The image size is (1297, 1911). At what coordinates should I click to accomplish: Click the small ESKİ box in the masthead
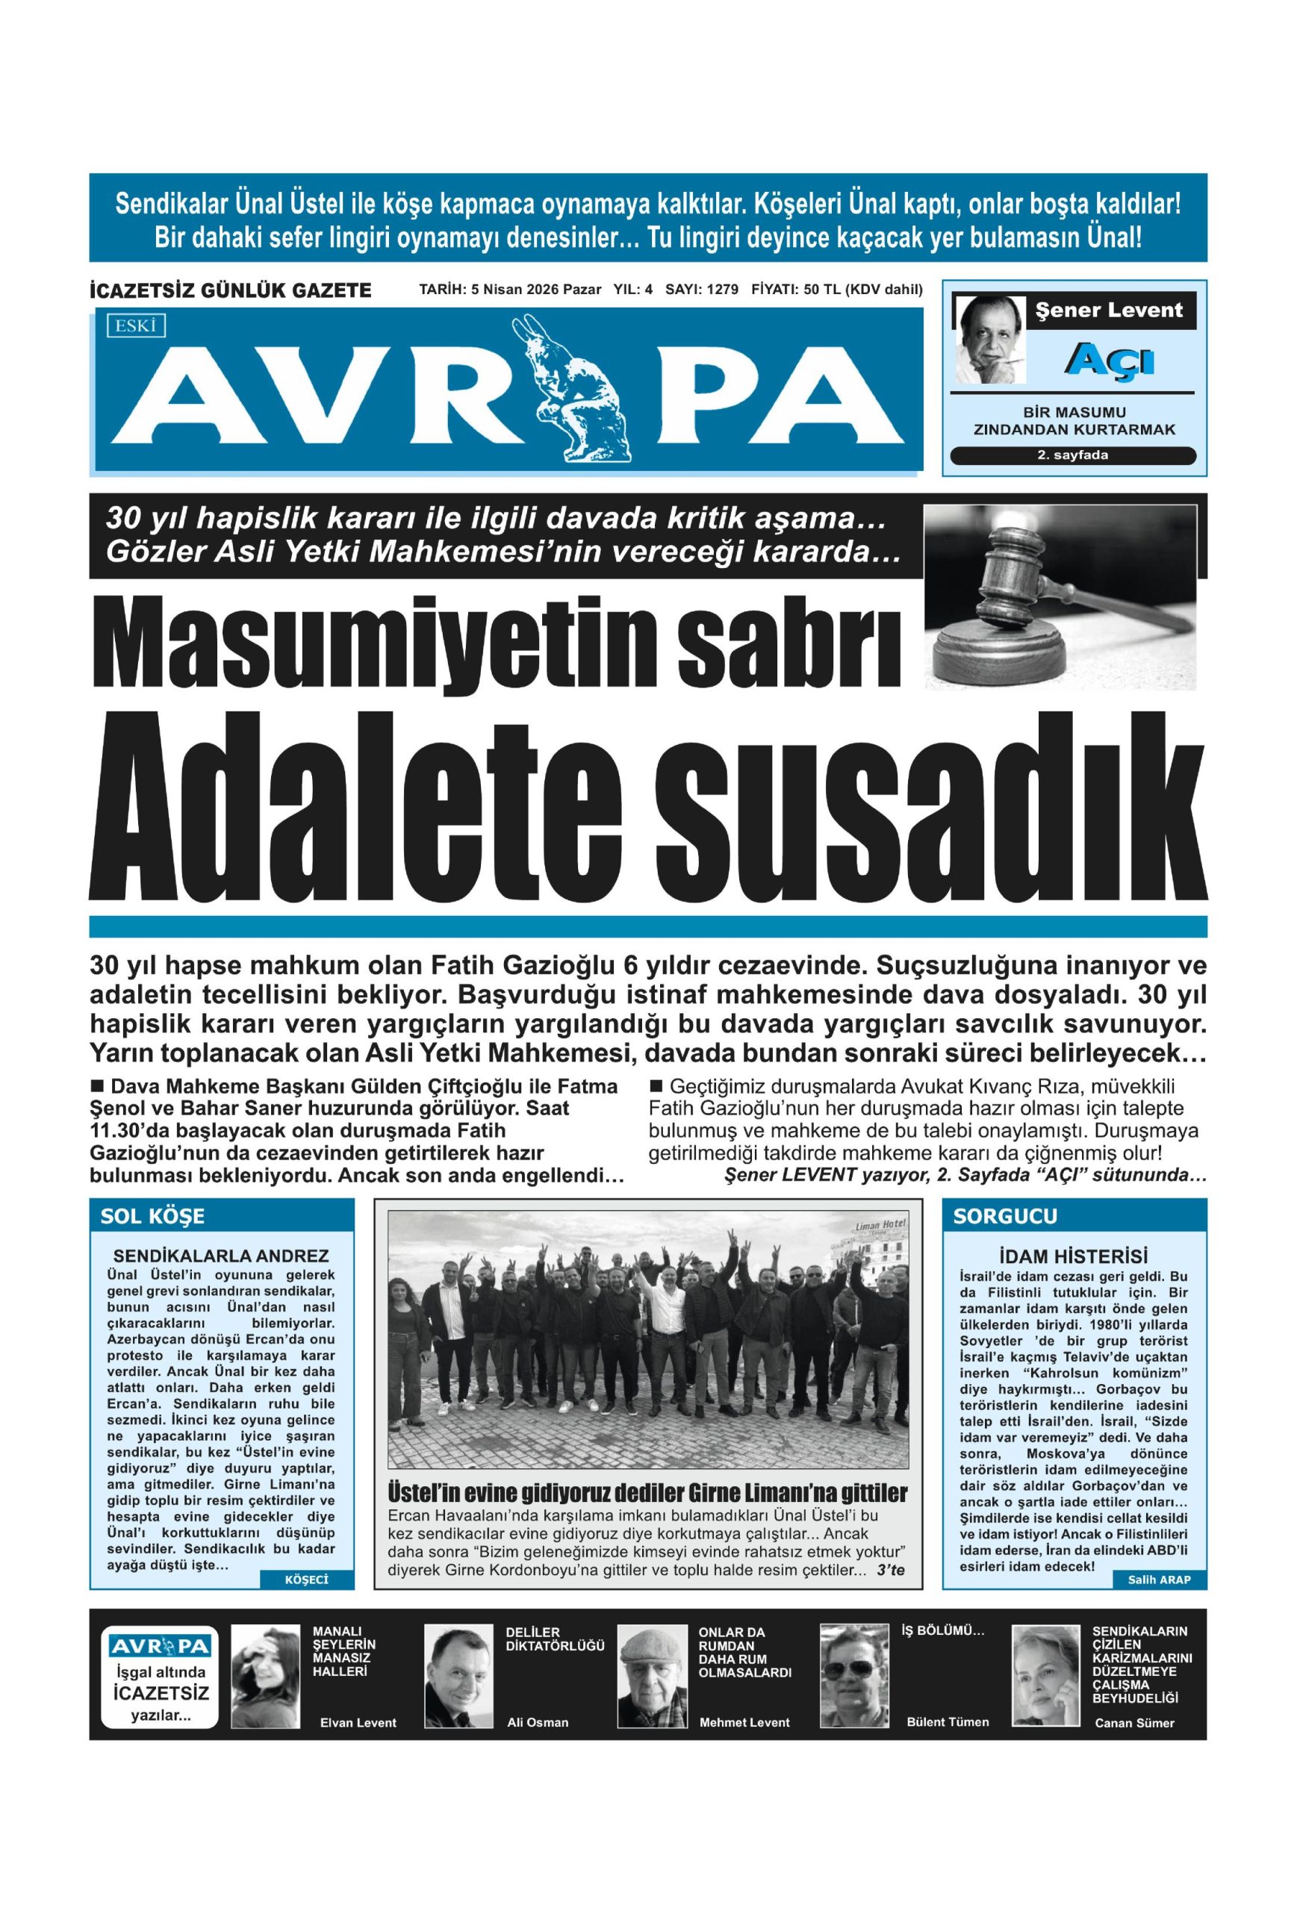pos(135,325)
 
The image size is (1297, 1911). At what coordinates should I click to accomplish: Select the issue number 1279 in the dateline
pos(722,290)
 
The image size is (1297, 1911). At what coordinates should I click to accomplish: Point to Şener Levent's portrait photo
pos(989,340)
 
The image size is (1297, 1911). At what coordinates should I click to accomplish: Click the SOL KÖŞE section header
pos(153,1216)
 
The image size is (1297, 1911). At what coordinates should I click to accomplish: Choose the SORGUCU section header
pos(1005,1216)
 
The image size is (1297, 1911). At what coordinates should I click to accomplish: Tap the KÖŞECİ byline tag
pos(306,1580)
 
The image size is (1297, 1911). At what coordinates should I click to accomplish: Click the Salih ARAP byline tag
pos(1159,1580)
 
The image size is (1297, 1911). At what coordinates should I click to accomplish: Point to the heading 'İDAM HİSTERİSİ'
pos(1072,1256)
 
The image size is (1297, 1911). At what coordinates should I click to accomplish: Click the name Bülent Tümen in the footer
pos(948,1722)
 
